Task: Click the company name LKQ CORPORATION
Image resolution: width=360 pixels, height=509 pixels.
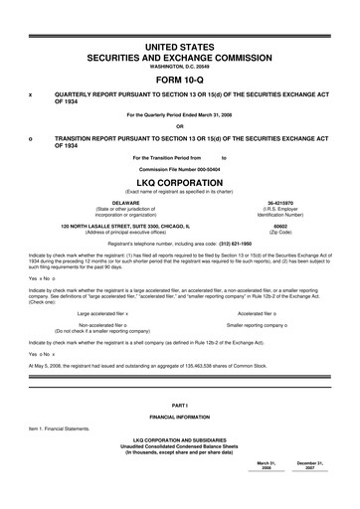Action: pyautogui.click(x=180, y=183)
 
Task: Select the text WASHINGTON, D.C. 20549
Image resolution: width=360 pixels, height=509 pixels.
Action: pyautogui.click(x=180, y=65)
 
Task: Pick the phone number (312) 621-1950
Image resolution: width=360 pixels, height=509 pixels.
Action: pyautogui.click(x=234, y=244)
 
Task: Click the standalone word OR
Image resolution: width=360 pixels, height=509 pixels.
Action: pyautogui.click(x=180, y=126)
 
